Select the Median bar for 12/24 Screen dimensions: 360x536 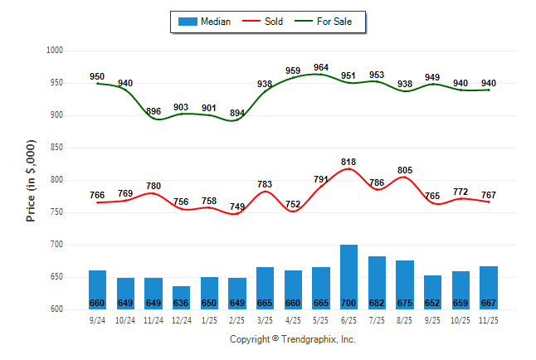[x=181, y=297]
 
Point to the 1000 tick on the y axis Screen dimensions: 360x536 [x=55, y=51]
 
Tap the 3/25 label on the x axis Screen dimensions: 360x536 [x=265, y=319]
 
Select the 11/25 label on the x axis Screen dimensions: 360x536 [x=488, y=319]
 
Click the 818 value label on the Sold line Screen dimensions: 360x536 [x=348, y=163]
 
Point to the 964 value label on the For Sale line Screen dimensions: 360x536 [x=321, y=67]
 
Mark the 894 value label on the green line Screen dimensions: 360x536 [x=236, y=113]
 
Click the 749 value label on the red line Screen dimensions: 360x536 [x=236, y=207]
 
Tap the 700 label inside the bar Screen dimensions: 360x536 [x=348, y=303]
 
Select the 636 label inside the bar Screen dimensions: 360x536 [x=181, y=303]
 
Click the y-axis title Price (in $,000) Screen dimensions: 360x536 [x=31, y=180]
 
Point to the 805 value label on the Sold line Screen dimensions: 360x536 [x=404, y=171]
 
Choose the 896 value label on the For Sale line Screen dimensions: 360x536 [x=153, y=111]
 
